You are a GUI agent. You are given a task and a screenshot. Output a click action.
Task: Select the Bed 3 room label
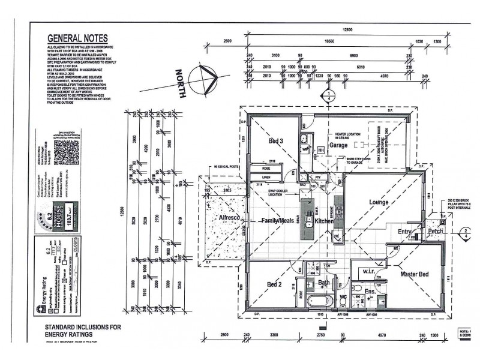[276, 141]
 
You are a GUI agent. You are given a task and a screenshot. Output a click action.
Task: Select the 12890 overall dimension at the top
[347, 29]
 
